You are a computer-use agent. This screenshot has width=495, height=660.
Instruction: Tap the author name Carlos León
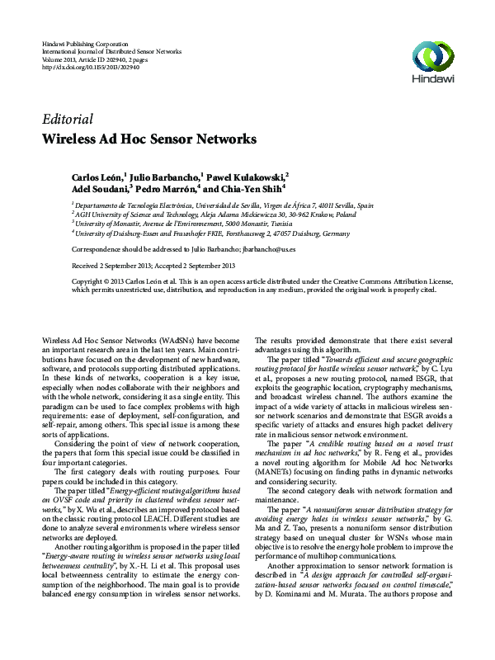95,177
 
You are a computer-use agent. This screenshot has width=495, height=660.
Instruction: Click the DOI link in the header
90,66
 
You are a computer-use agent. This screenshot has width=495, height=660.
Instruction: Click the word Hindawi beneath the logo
432,81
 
